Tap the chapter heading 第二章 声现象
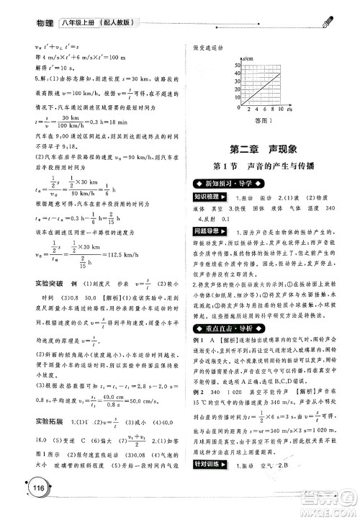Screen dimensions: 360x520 click(269, 149)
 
